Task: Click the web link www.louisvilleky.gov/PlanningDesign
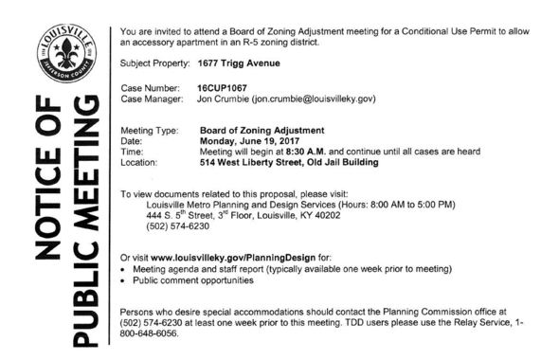(x=221, y=257)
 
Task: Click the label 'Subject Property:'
(x=155, y=63)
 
